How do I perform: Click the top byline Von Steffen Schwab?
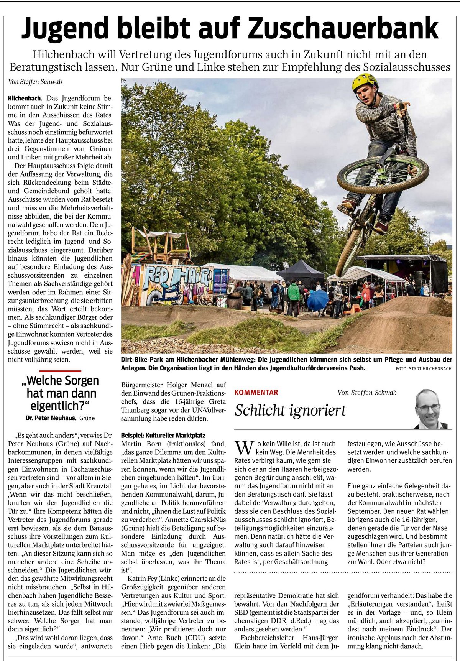tap(35, 82)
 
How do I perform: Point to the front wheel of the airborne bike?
tap(383, 174)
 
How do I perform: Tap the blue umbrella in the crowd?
tap(317, 300)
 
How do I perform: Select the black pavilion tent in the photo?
tap(301, 270)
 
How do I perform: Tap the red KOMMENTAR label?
tap(256, 392)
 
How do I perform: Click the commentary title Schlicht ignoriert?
tap(290, 410)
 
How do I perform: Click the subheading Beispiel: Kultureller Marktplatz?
tap(163, 436)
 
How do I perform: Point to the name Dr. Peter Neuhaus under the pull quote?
tap(51, 418)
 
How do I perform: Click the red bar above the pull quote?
tap(60, 371)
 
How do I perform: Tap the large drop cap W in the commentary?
tap(244, 447)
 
